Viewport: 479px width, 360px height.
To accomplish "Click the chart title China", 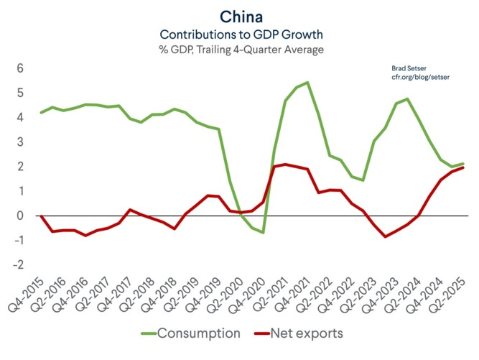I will (x=239, y=16).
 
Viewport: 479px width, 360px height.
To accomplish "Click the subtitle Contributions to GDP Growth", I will (x=239, y=34).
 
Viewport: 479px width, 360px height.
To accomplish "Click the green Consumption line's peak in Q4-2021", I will (x=308, y=83).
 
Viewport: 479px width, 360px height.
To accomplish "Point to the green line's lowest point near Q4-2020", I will (x=264, y=232).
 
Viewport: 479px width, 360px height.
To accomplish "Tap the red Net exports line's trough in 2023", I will (x=386, y=236).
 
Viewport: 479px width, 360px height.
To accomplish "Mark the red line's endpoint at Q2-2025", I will (x=463, y=167).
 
